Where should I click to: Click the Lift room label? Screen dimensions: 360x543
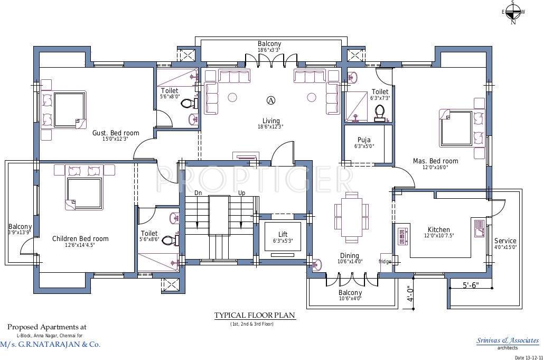pos(283,234)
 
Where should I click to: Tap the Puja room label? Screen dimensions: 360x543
pos(363,140)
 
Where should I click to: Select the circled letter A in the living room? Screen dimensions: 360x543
pos(271,100)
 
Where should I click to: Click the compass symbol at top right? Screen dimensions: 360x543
pos(512,12)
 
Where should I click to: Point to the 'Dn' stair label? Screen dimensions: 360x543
pos(199,193)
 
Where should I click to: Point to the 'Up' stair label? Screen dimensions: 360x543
pos(241,193)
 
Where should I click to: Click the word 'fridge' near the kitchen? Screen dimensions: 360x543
pos(385,261)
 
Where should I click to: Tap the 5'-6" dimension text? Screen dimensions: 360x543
pos(471,285)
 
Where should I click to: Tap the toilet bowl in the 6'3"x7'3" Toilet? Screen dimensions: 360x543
pos(379,112)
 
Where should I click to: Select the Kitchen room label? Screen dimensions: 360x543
pos(438,230)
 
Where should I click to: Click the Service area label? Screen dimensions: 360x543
pos(505,241)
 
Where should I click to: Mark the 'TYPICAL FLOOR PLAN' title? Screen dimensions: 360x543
pos(255,316)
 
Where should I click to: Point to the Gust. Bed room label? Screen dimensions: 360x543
pos(116,133)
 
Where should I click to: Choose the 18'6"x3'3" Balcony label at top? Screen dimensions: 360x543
pos(269,44)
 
